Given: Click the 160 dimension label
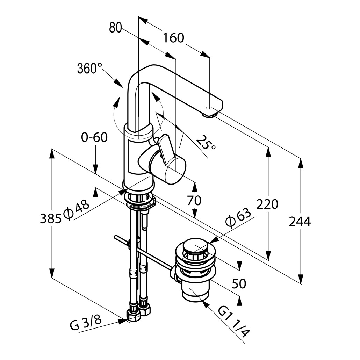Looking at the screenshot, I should pos(173,38).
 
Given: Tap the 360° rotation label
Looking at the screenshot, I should pos(89,69).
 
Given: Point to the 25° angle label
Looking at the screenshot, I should pos(206,143).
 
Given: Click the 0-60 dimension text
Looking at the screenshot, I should pos(94,137).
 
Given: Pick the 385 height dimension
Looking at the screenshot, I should pos(51,219).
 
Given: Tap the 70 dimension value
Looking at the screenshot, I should pos(194,201).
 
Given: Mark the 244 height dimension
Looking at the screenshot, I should pos(300,221).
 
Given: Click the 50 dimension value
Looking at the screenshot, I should pos(239,283).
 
